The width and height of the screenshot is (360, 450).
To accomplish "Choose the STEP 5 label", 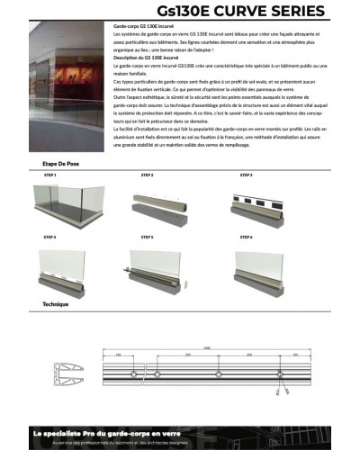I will pos(147,238).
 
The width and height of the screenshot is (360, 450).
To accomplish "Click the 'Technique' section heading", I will pos(56,305).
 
